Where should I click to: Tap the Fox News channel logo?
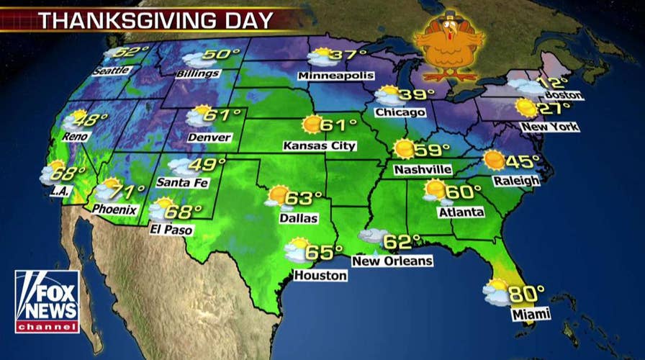[x=47, y=302]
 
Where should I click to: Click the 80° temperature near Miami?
[x=526, y=294]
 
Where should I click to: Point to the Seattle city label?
[x=111, y=70]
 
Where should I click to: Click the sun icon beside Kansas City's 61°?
[x=312, y=125]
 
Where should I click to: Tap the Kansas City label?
[x=320, y=145]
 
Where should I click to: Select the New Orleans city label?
[x=392, y=261]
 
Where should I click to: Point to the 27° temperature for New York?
[x=554, y=108]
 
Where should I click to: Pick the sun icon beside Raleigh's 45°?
[x=494, y=160]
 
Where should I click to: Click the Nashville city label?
[x=423, y=170]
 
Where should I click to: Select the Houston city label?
[x=320, y=275]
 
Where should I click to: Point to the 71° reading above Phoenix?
[x=129, y=192]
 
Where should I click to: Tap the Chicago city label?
[x=400, y=112]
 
